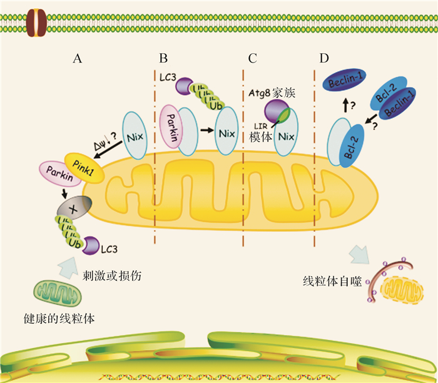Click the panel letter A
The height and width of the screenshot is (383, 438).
coord(78,59)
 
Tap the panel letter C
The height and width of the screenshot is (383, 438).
coord(252,59)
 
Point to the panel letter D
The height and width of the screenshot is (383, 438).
coord(323,59)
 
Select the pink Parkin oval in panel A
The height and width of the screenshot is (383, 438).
coord(59,173)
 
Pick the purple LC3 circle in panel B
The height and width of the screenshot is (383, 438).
coord(183,84)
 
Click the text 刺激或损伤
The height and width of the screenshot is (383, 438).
coord(109,275)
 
